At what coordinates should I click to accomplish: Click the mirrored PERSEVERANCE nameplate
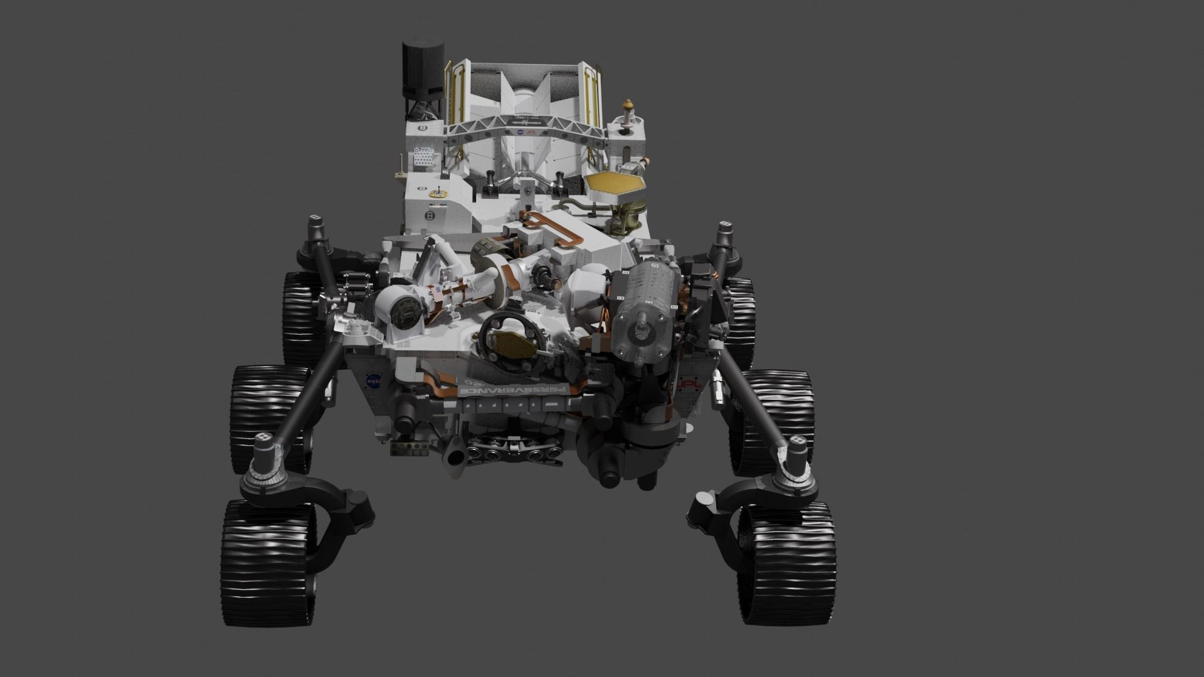514,390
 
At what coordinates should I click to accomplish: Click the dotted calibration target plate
423,157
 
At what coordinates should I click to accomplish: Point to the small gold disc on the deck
435,195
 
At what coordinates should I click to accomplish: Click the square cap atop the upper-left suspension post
314,221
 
